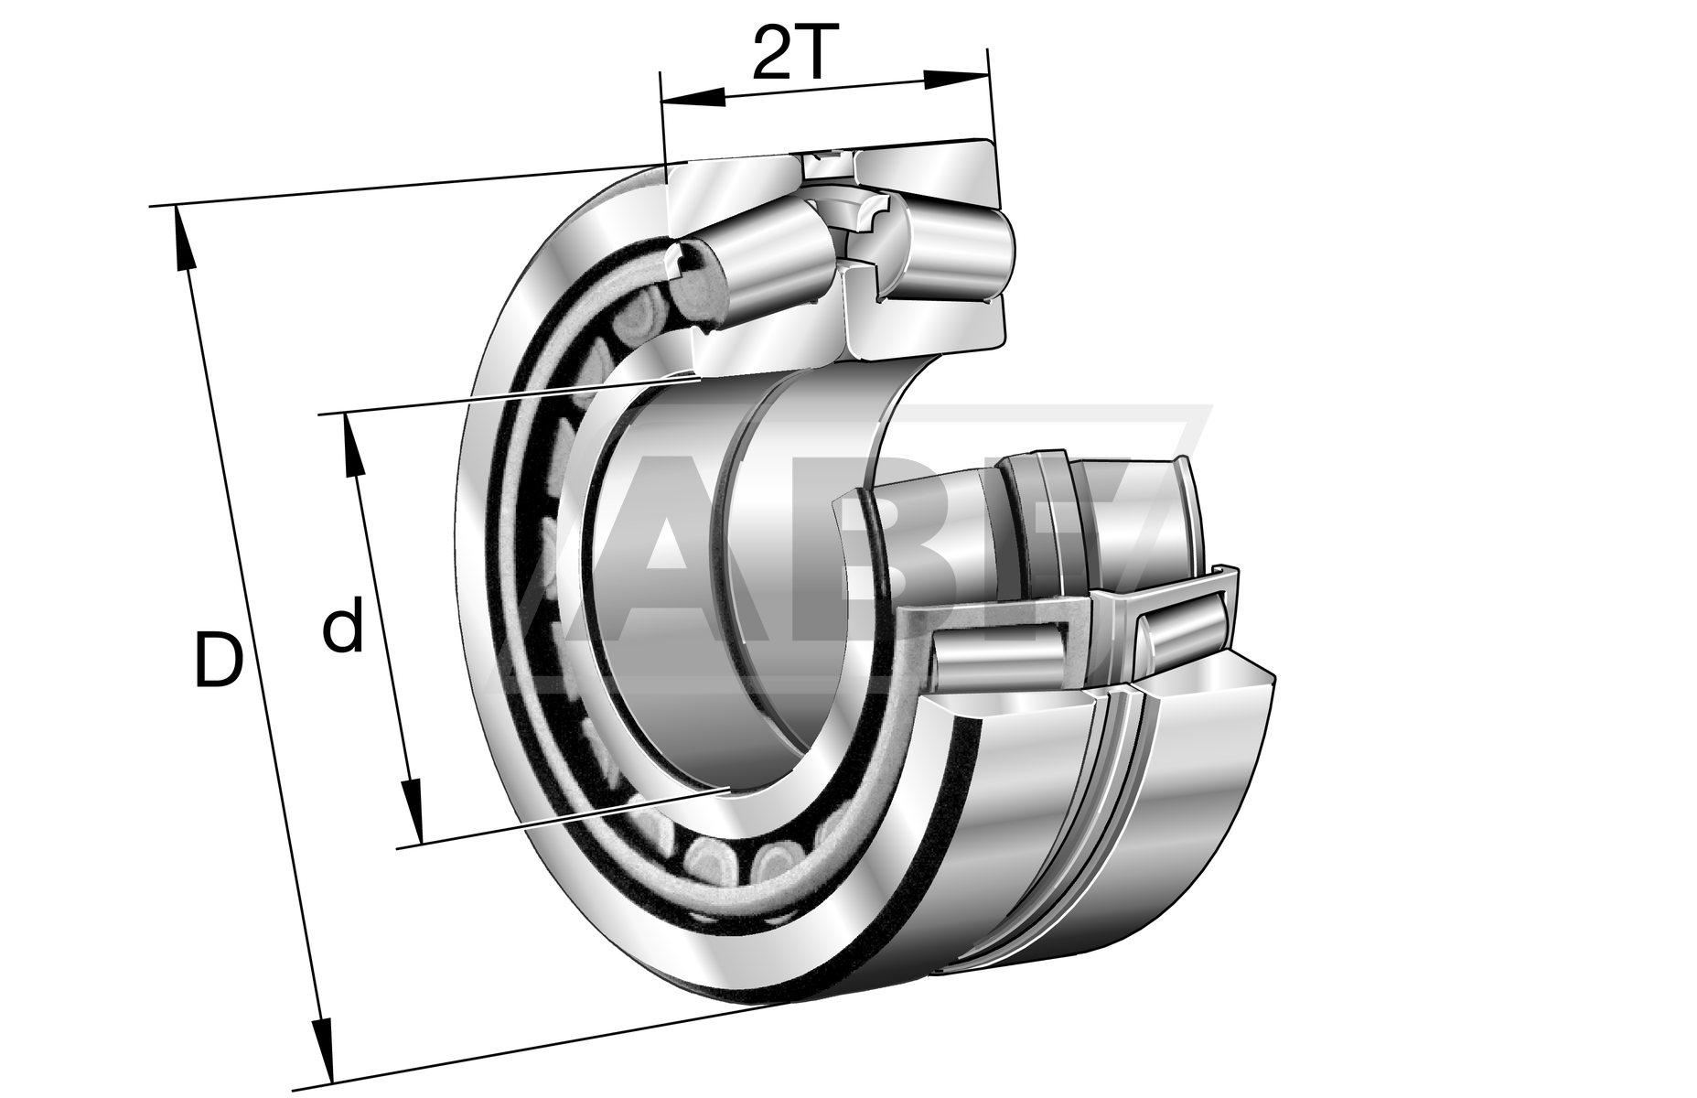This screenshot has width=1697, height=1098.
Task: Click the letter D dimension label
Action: pyautogui.click(x=220, y=658)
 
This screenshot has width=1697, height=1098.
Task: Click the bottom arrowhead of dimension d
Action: pyautogui.click(x=412, y=811)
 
